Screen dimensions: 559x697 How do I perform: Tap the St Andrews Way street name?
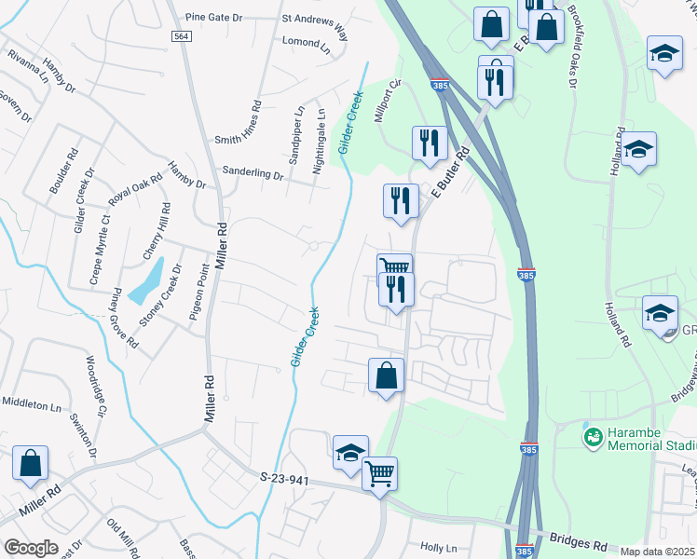[x=314, y=25]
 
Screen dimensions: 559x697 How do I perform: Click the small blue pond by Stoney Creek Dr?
[x=147, y=281]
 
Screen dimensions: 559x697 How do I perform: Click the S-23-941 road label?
[x=284, y=478]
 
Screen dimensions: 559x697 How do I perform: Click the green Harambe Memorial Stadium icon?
[x=592, y=436]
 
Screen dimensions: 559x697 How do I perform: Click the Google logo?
[x=31, y=547]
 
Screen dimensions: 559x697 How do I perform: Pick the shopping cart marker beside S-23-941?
[x=380, y=474]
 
